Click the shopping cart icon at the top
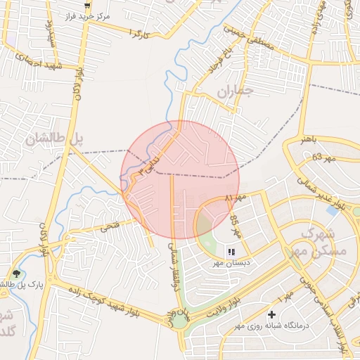pos(87,6)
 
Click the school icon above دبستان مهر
pos(231,252)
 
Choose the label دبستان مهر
pos(231,263)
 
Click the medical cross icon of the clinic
pos(272,314)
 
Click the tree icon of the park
pos(16,274)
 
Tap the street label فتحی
pos(111,227)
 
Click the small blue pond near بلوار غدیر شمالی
pos(332,210)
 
